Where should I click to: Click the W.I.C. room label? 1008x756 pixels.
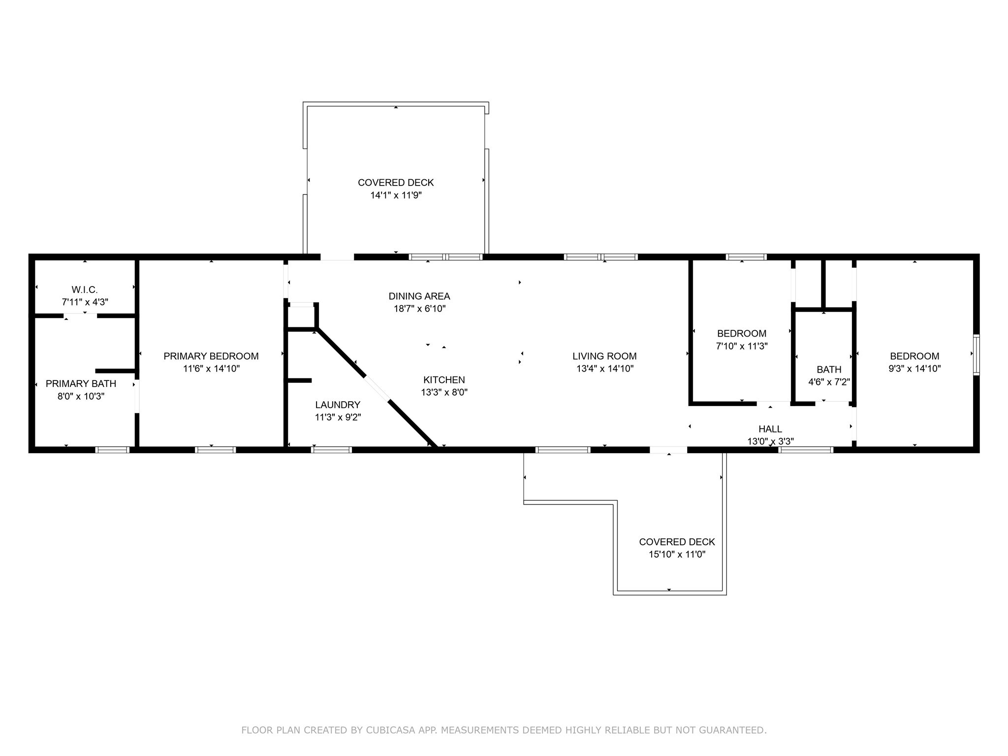85,290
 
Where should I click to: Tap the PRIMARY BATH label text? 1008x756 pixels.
81,383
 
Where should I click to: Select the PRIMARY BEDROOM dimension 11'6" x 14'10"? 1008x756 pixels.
211,369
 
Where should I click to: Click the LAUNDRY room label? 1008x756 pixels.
338,405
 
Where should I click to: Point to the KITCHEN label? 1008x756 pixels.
444,379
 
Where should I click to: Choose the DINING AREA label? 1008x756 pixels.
419,296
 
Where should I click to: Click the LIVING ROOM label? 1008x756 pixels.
604,356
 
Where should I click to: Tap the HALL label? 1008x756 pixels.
770,429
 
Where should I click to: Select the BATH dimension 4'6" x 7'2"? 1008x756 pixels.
829,381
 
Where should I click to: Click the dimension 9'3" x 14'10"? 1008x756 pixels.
914,369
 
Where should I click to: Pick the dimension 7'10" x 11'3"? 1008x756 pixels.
742,346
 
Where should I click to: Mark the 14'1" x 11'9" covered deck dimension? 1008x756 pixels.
396,195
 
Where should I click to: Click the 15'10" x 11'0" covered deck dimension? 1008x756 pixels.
677,555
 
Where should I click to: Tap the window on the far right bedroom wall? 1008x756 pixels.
976,355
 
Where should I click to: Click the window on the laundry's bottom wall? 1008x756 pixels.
332,449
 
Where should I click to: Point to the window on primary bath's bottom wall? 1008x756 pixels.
112,449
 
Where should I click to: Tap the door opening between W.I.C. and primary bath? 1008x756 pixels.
80,315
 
